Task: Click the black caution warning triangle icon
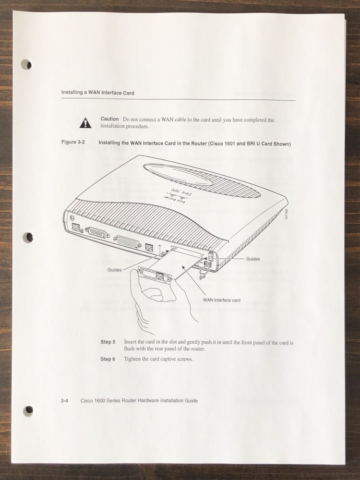click(84, 123)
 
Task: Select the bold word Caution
click(109, 119)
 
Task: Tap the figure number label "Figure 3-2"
click(73, 143)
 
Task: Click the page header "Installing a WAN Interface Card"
click(97, 92)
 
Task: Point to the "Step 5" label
click(108, 342)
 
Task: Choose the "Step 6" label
click(108, 359)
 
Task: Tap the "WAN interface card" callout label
click(222, 300)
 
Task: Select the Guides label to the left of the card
click(114, 270)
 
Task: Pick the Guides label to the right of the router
click(253, 259)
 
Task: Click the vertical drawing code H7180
click(287, 214)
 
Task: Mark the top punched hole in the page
click(28, 64)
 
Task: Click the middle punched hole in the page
click(28, 237)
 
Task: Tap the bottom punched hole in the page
click(29, 409)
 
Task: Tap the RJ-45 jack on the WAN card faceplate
click(159, 276)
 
